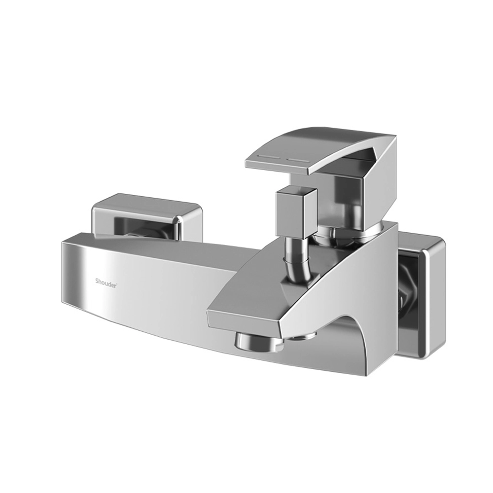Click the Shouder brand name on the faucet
106,281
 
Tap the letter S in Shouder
97,281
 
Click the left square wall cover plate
147,218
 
